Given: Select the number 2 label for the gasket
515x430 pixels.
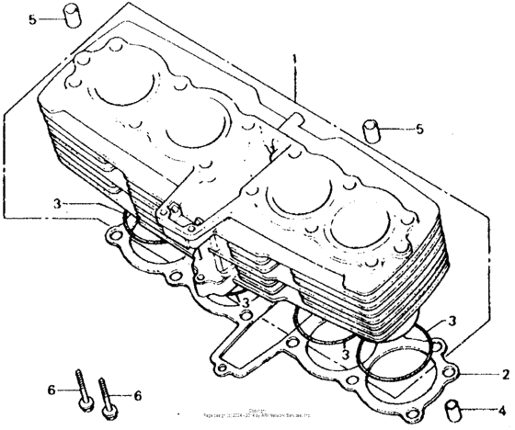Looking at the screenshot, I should tap(504, 375).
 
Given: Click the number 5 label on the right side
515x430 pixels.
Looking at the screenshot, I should tap(419, 129).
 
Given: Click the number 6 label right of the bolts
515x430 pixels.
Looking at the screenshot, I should tap(138, 395).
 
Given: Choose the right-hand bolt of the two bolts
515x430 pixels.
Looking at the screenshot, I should tap(111, 393).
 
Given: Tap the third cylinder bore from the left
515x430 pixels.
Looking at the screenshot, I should tap(297, 195).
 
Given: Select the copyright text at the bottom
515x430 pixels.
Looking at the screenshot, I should tap(257, 415).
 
